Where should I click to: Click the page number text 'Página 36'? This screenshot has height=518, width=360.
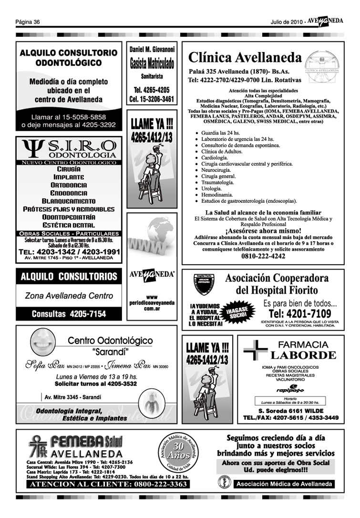(27, 22)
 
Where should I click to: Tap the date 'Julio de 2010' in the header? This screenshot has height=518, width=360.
(286, 22)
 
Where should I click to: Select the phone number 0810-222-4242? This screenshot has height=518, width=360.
(263, 256)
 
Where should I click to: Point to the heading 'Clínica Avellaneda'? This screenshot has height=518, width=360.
(245, 58)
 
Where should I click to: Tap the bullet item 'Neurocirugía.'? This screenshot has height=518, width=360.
(216, 170)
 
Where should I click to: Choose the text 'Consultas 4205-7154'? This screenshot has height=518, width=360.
(69, 314)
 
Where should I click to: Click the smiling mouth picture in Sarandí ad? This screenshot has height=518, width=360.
(43, 342)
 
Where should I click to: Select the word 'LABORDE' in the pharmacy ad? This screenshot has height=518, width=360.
(303, 355)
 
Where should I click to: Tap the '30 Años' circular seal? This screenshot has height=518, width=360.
(179, 452)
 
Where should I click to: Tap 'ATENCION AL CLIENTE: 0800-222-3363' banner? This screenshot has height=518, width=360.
(109, 485)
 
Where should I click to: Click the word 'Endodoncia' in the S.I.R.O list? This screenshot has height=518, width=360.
(69, 193)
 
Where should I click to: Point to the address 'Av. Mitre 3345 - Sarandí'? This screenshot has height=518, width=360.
(72, 397)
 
